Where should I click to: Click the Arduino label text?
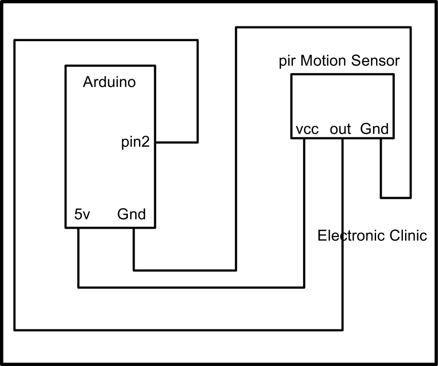[x=109, y=82]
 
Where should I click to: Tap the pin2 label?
[x=135, y=143]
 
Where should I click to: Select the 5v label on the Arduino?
[x=82, y=215]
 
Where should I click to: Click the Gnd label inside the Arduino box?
[x=131, y=215]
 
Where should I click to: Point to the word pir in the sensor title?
[x=288, y=61]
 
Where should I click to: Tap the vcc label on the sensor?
[x=307, y=130]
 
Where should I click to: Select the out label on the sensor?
[x=340, y=130]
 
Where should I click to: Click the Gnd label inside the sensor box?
[x=374, y=129]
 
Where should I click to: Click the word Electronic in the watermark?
[x=349, y=236]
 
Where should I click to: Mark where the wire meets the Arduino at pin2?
[x=155, y=142]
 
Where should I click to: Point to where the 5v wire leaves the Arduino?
[x=78, y=228]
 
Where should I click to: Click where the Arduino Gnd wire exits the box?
[x=133, y=228]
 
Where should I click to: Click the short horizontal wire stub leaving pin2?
[x=176, y=142]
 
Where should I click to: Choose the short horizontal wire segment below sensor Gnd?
[x=395, y=197]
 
